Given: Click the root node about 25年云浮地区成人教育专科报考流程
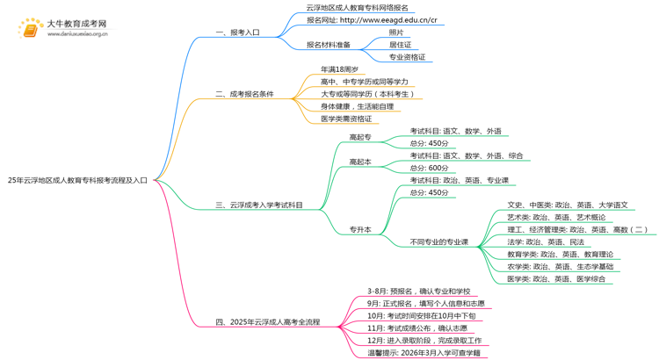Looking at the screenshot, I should point(84,180).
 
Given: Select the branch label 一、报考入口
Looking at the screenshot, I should point(237,32).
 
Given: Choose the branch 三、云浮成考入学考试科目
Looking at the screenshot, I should point(259,205).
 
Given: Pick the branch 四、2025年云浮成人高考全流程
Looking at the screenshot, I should point(268,322).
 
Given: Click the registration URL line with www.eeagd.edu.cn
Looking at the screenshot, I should point(372,19).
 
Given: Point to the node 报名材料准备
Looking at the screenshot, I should point(328,45).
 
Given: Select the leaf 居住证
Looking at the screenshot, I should point(401,45).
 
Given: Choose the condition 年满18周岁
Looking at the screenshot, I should point(339,69).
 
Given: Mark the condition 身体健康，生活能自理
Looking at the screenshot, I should point(357,106).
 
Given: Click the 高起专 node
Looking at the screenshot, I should point(360,137).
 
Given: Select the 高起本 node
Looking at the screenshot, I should point(360,162).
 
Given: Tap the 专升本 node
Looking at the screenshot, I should point(360,230).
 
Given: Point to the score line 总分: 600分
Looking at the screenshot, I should point(430,168).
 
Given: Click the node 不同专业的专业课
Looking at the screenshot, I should point(439,242).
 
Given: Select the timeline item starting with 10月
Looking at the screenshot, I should point(421,315).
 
